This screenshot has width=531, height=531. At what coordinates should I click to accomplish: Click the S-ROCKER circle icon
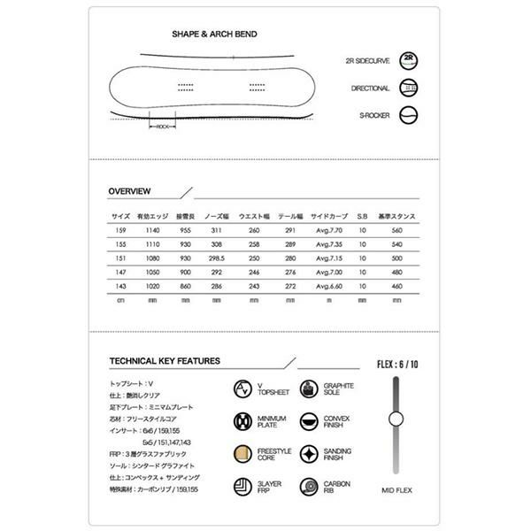[x=409, y=114]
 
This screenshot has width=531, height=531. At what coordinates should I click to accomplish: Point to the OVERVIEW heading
[x=129, y=191]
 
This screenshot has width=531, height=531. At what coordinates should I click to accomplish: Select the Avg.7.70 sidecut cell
[x=329, y=229]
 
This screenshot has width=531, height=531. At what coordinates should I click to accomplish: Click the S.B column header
[x=362, y=216]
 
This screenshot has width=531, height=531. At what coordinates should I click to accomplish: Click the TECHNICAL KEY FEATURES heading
[x=164, y=361]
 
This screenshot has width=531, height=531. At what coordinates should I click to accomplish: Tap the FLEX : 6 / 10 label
[x=396, y=363]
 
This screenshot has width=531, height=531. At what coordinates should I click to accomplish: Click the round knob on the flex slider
[x=396, y=419]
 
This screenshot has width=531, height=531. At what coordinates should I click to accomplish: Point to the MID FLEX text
[x=396, y=488]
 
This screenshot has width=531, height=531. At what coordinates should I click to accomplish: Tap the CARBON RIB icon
[x=309, y=487]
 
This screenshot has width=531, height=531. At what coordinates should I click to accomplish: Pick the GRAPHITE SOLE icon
[x=309, y=390]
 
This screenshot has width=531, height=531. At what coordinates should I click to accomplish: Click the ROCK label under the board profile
[x=163, y=127]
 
